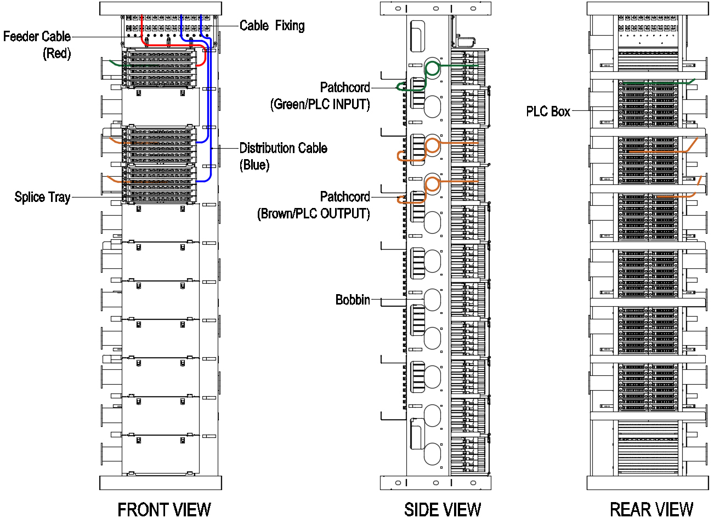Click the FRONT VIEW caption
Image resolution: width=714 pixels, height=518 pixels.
[164, 509]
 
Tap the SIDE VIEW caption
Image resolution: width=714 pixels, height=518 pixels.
[443, 509]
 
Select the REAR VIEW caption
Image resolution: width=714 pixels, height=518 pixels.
[651, 509]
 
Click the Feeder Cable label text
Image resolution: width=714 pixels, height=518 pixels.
[37, 37]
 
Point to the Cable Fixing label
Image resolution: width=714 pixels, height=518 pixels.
[272, 25]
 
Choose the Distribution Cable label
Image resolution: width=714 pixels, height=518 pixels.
[283, 148]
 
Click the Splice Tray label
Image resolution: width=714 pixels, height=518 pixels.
[42, 197]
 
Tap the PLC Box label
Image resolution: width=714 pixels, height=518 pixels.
[548, 111]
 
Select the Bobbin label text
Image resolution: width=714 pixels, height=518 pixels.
[352, 300]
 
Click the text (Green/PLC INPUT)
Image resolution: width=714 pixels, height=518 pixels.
[320, 104]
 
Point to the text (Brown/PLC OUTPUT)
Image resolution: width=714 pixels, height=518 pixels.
[313, 213]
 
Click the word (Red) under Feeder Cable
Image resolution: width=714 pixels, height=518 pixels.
[56, 54]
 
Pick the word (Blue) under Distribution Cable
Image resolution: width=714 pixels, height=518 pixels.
[254, 165]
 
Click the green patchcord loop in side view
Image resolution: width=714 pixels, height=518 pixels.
[433, 69]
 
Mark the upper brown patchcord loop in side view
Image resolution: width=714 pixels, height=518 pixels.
[433, 145]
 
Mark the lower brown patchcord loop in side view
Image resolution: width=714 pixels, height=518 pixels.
[433, 184]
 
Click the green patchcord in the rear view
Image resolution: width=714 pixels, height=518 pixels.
[658, 83]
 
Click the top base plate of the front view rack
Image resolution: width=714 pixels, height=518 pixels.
[161, 8]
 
